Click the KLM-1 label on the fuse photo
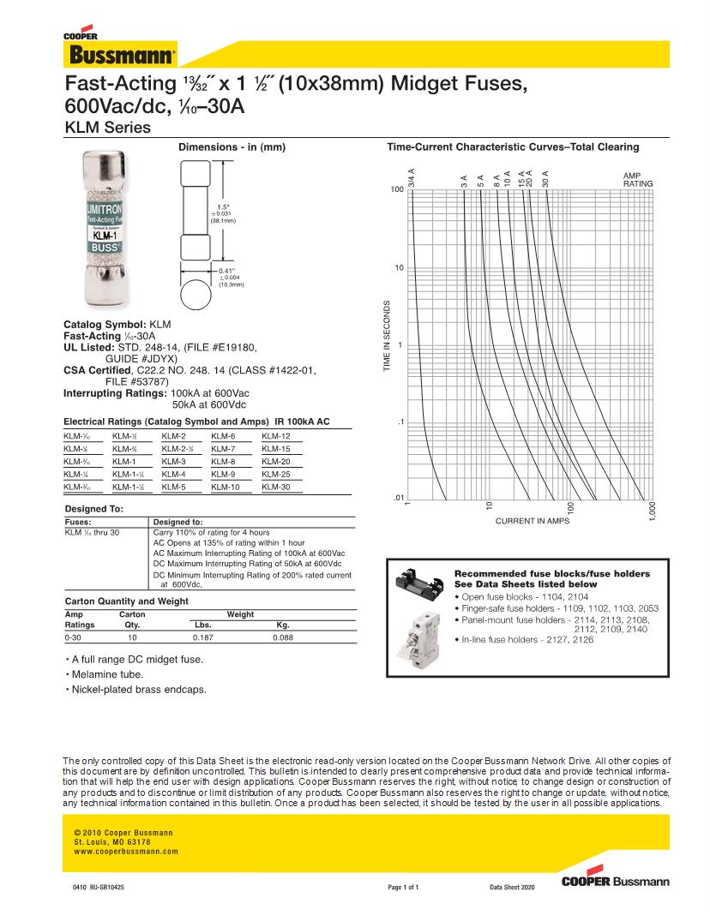(x=105, y=232)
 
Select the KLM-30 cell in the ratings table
(x=276, y=487)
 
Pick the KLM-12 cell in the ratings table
(x=276, y=436)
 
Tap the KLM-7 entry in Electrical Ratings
(x=223, y=449)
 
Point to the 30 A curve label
(x=545, y=179)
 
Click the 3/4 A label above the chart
(x=412, y=178)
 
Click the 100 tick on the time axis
(x=397, y=189)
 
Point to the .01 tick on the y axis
(x=398, y=498)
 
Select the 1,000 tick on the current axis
(x=653, y=511)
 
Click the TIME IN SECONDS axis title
(x=388, y=336)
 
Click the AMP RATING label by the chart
(x=637, y=180)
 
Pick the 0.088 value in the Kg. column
(x=282, y=638)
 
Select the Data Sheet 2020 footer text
(x=512, y=888)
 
